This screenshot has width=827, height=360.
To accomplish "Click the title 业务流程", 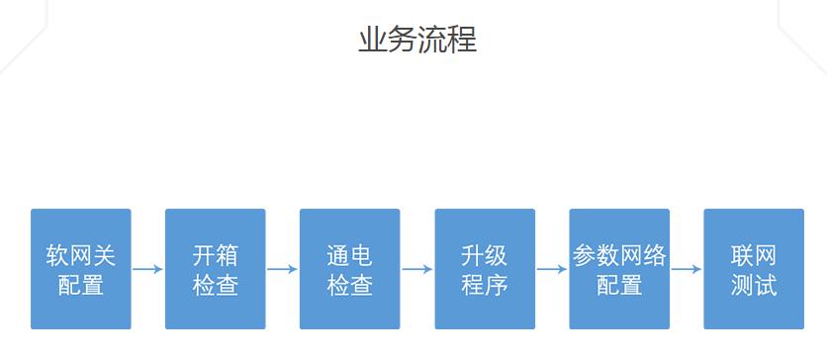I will pyautogui.click(x=416, y=40).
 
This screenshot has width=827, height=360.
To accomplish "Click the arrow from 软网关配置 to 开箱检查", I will pyautogui.click(x=148, y=268).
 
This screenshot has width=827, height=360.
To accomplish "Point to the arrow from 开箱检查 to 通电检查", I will pyautogui.click(x=283, y=268).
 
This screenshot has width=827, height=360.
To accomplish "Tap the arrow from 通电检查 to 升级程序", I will pyautogui.click(x=417, y=268).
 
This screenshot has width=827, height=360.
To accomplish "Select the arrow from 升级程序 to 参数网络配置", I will pyautogui.click(x=552, y=268).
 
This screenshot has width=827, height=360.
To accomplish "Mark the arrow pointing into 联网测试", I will pyautogui.click(x=687, y=268).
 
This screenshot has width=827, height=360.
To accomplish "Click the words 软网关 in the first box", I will pyautogui.click(x=81, y=255).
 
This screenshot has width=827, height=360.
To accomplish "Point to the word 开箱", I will pyautogui.click(x=216, y=255).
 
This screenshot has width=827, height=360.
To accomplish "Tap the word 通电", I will pyautogui.click(x=349, y=255).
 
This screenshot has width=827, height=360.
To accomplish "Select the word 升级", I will pyautogui.click(x=485, y=255).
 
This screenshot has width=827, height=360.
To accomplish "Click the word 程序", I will pyautogui.click(x=485, y=285).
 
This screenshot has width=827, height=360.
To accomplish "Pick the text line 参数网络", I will pyautogui.click(x=619, y=255).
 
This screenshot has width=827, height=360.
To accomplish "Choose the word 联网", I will pyautogui.click(x=754, y=255).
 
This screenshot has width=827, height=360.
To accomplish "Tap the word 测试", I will pyautogui.click(x=754, y=285).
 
